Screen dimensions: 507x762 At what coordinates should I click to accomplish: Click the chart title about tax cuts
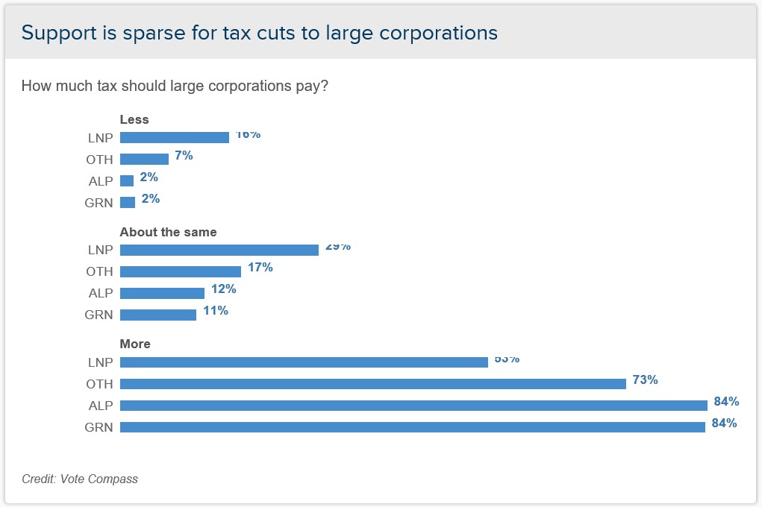click(259, 33)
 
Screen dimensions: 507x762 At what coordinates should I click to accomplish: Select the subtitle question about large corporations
click(175, 86)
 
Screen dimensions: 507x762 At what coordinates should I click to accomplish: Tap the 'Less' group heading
click(134, 119)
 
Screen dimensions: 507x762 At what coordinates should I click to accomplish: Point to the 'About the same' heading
click(168, 232)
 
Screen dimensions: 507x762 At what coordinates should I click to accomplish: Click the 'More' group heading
click(135, 344)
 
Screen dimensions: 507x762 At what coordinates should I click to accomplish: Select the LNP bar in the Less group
click(174, 137)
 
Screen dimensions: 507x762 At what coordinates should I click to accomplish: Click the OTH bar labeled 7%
click(144, 159)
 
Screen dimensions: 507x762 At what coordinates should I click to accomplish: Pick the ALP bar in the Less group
click(127, 180)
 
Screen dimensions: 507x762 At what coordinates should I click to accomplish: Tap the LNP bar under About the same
click(219, 250)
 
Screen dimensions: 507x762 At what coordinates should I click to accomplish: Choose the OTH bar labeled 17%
click(180, 271)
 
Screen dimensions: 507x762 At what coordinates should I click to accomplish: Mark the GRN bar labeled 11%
click(157, 315)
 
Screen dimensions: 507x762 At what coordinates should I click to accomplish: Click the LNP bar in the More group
click(304, 362)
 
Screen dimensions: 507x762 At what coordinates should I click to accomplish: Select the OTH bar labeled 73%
click(372, 383)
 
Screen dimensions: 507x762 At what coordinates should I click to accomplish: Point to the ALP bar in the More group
click(413, 405)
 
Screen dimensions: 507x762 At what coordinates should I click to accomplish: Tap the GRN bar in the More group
click(412, 427)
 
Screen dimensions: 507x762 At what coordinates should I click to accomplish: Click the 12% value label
click(223, 289)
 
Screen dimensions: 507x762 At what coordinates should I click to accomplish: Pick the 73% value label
click(645, 380)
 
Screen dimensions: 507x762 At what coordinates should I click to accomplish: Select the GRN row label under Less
click(99, 203)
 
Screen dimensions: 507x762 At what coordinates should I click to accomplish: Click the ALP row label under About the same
click(99, 293)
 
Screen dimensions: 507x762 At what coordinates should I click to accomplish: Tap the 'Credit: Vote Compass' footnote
click(80, 479)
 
